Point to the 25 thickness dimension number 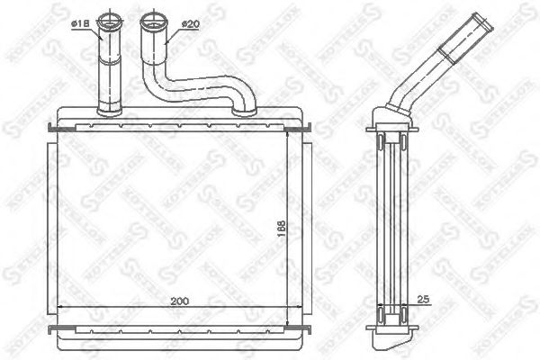click(426, 302)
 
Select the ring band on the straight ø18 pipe click(110, 59)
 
